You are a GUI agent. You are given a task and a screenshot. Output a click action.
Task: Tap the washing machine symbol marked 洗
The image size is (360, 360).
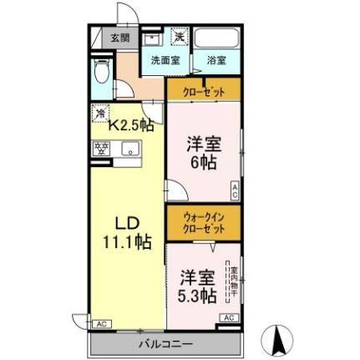point(180,36)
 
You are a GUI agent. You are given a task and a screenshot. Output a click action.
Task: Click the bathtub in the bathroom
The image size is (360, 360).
point(216,38)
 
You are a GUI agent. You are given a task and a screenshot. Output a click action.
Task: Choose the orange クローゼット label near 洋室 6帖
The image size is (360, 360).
point(204,92)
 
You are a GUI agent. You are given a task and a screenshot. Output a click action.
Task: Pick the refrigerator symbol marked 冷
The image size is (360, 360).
point(100,114)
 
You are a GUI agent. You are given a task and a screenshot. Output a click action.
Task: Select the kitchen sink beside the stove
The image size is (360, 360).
point(129,150)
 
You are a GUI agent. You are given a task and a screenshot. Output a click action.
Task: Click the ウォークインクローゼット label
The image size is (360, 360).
point(204,222)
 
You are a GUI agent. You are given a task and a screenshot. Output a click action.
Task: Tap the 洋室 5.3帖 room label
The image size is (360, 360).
point(197,286)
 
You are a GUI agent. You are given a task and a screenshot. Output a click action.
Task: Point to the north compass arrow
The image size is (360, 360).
point(280,338)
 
